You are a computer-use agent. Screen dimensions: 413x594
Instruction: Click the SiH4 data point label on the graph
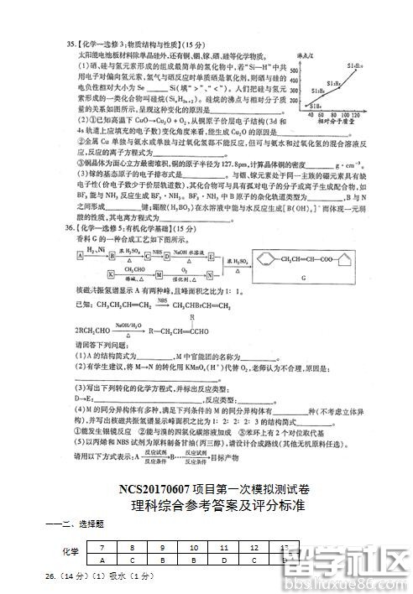[316, 105]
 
